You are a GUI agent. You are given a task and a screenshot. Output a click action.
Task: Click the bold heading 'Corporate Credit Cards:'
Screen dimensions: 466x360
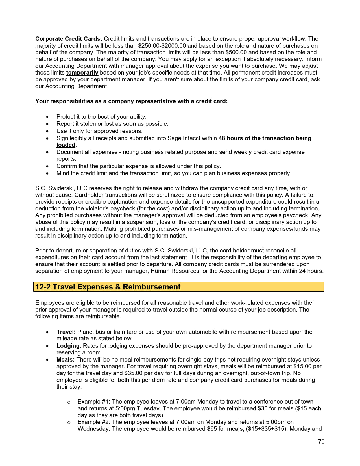click(x=69, y=39)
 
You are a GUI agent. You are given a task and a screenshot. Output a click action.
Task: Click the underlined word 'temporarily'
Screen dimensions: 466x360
click(x=82, y=73)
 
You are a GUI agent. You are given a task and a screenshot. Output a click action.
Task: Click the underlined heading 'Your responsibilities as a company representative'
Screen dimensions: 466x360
click(x=131, y=101)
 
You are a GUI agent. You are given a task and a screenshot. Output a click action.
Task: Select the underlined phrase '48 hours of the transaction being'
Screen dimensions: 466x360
click(x=265, y=138)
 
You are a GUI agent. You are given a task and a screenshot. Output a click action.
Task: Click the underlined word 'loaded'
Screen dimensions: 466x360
click(x=66, y=145)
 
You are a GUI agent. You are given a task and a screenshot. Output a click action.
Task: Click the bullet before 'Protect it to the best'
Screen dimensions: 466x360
click(x=47, y=117)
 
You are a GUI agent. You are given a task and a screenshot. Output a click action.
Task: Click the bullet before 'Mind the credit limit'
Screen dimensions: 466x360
click(x=47, y=173)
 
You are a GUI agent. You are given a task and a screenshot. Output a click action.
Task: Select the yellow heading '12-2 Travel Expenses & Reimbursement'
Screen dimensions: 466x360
click(x=108, y=287)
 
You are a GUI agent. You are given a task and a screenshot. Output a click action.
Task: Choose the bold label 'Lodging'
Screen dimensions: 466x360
click(x=68, y=346)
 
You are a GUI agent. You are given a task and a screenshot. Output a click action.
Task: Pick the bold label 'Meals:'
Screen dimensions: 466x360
click(x=66, y=360)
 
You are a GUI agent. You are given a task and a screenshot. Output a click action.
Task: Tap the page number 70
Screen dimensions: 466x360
click(x=321, y=442)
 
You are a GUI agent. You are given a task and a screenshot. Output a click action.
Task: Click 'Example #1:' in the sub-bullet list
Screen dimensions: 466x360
click(x=94, y=402)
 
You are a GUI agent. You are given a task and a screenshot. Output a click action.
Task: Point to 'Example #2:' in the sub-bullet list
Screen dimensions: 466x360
click(x=94, y=422)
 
